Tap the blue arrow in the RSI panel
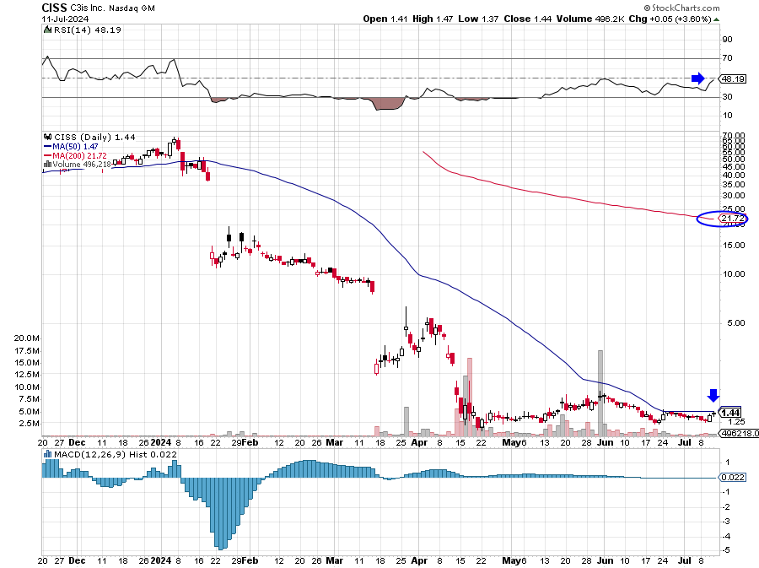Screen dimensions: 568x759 pos(697,78)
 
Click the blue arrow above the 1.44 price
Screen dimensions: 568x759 pos(713,395)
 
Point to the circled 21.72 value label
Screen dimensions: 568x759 pos(730,219)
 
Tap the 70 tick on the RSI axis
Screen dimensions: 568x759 pos(727,58)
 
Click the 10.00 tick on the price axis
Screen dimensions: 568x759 pos(731,273)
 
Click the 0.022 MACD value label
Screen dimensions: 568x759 pos(731,478)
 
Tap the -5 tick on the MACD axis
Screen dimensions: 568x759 pos(725,550)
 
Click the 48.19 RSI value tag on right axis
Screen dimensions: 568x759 pos(732,78)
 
